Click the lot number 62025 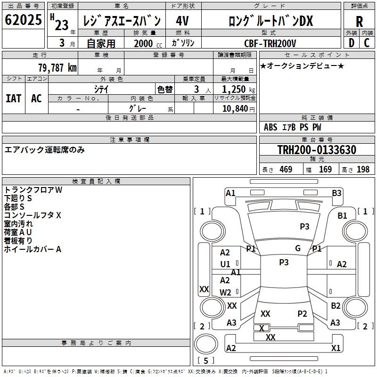23,20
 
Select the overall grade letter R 359,21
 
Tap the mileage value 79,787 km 57,67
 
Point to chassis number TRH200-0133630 317,150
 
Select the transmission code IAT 13,98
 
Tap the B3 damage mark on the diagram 336,193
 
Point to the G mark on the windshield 298,248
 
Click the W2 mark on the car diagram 225,292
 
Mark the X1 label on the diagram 336,348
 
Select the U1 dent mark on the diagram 225,264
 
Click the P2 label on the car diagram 302,313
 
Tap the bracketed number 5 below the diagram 205,361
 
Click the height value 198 363,169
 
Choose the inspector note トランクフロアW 33,190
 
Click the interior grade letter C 367,43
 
